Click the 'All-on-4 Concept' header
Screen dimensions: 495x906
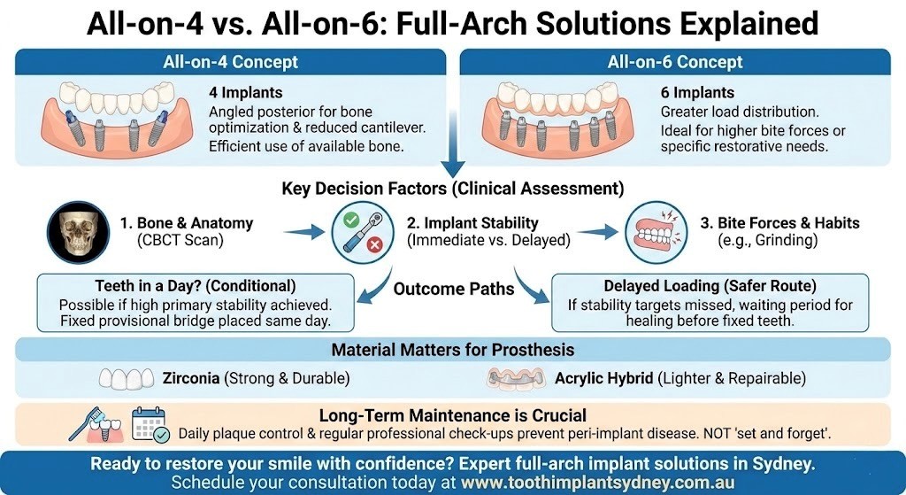point(231,62)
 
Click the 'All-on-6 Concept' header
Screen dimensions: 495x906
point(674,62)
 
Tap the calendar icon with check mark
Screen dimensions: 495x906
point(150,426)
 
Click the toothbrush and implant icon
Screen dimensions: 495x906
point(96,426)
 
